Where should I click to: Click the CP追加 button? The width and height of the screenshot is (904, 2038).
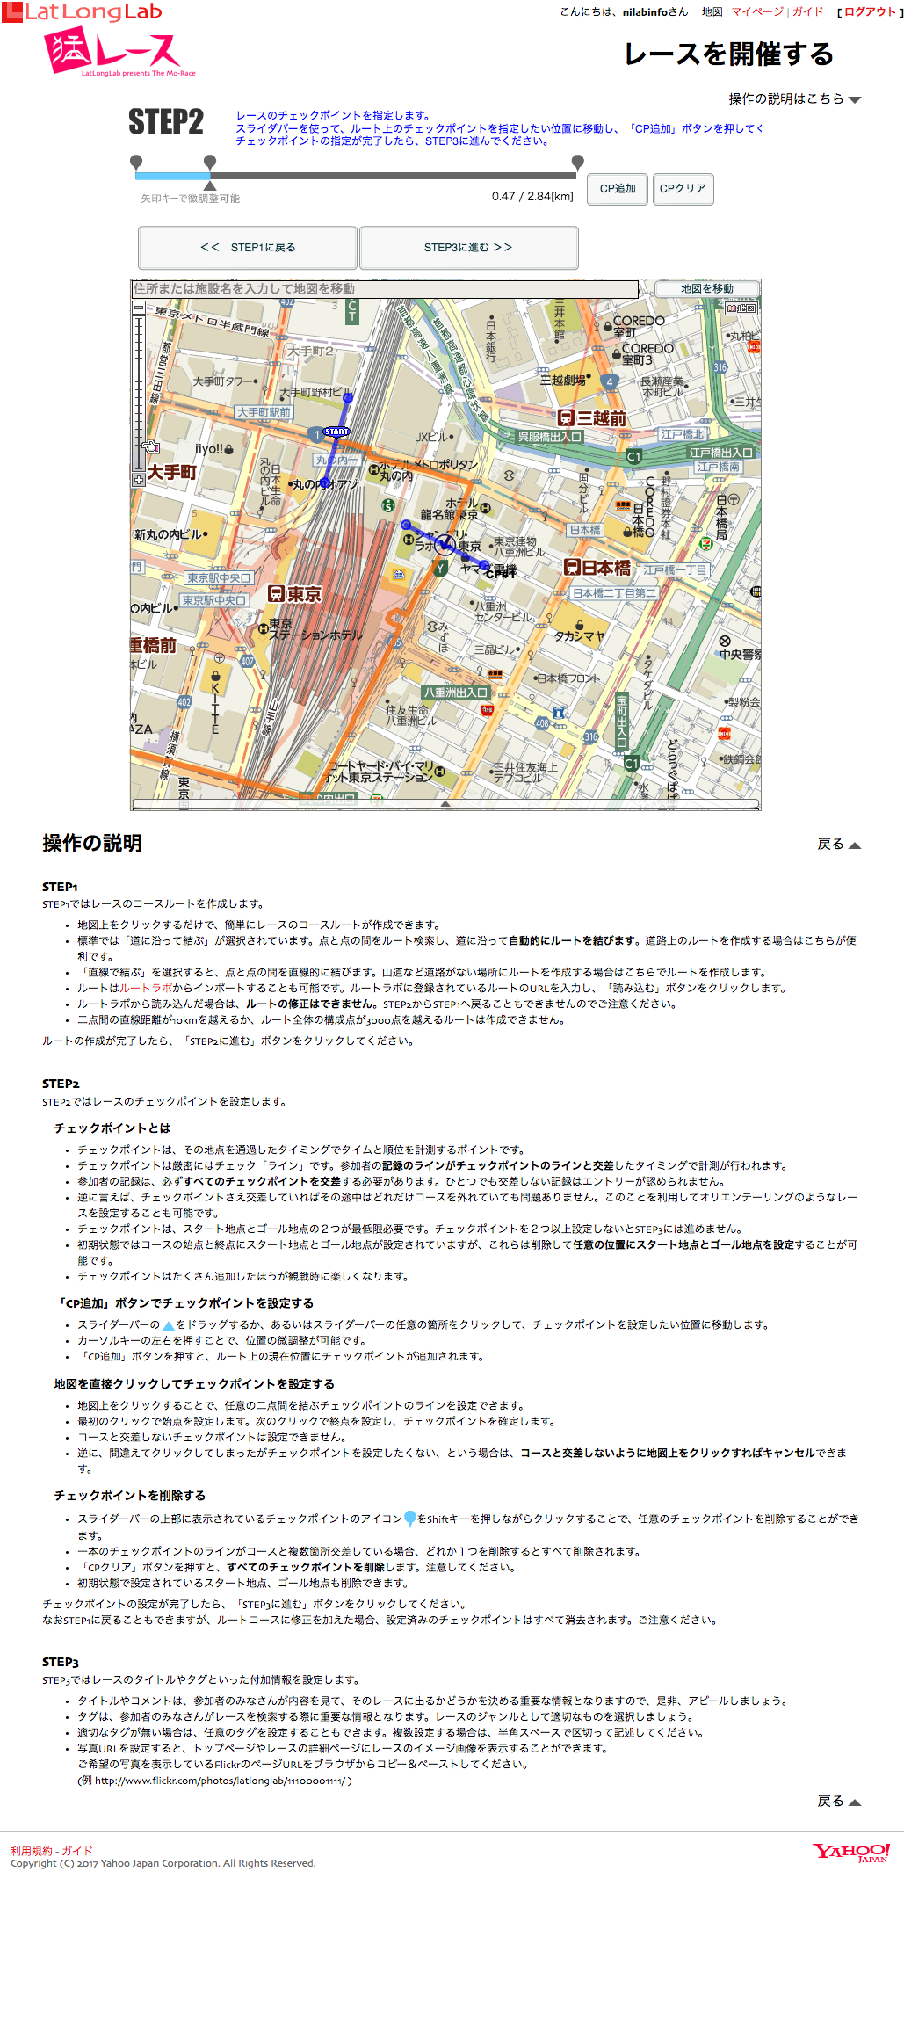tap(618, 189)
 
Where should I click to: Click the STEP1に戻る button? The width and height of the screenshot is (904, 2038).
tap(248, 248)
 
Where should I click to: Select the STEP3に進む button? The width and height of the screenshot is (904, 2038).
tap(468, 248)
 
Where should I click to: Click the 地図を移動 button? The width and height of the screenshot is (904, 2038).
tap(706, 289)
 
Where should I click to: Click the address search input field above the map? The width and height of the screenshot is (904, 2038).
tap(385, 289)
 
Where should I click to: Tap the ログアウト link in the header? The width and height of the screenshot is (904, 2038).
tap(870, 12)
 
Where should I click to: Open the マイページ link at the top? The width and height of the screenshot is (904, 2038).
tap(757, 12)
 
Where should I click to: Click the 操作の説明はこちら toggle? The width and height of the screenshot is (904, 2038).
tap(794, 98)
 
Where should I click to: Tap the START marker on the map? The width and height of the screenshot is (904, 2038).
tap(336, 432)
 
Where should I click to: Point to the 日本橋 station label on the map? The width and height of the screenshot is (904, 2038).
tap(598, 568)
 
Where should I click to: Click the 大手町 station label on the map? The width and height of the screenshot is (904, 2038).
tap(172, 472)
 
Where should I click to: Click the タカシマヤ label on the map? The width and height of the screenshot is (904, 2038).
tap(579, 635)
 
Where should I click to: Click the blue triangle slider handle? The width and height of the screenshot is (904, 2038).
tap(210, 185)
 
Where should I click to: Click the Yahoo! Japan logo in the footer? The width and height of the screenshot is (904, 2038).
tap(850, 1853)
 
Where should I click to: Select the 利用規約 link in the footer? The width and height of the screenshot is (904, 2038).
tap(30, 1850)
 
